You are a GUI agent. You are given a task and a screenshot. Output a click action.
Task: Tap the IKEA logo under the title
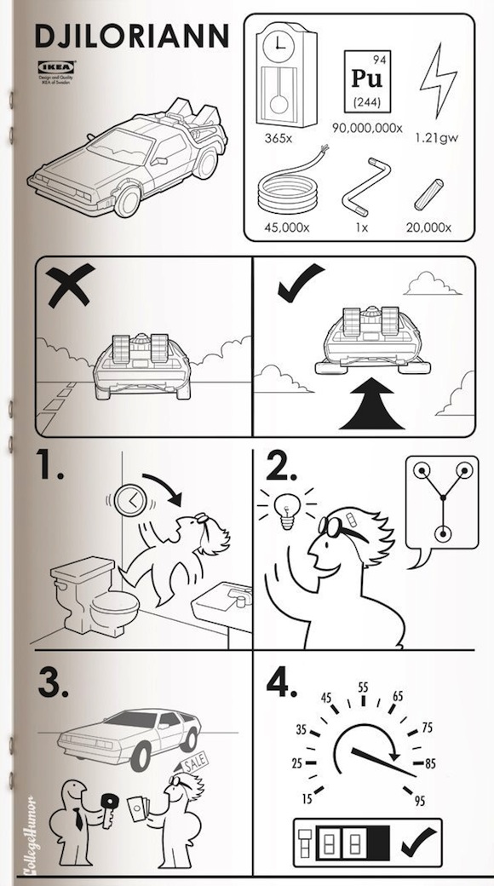(x=55, y=66)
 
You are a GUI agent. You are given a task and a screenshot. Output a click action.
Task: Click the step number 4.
(x=282, y=682)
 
